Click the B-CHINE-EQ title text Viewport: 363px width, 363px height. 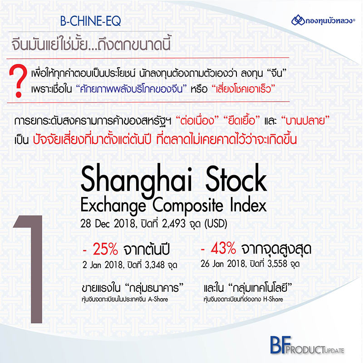[x=90, y=21]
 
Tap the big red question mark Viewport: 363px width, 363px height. [x=18, y=81]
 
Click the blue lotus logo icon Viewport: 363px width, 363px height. [x=298, y=20]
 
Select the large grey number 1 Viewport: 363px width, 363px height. [x=28, y=269]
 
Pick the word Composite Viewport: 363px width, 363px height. [x=188, y=206]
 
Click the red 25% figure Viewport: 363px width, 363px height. [x=105, y=249]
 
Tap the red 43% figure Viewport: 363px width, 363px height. [x=223, y=248]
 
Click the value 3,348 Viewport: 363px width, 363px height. [x=154, y=265]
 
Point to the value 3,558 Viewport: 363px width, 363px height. [x=277, y=264]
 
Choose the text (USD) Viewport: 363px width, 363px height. [x=216, y=224]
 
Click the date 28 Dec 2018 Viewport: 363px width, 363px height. [x=108, y=224]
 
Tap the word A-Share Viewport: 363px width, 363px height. [x=158, y=299]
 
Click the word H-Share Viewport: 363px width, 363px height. [x=273, y=299]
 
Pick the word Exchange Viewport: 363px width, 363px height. [x=113, y=206]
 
